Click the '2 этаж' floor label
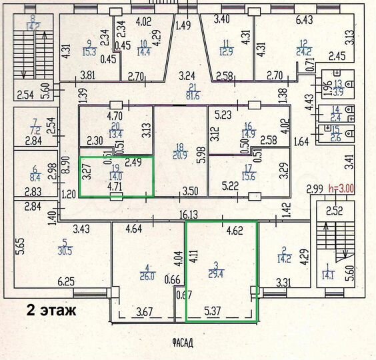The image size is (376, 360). click(x=51, y=310)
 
